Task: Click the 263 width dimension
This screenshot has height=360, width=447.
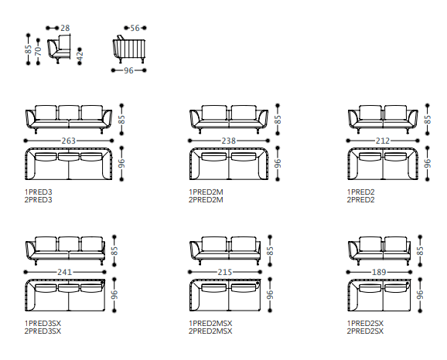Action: tap(69, 141)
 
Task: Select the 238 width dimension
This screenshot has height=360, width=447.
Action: tap(229, 141)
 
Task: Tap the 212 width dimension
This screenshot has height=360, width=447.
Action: tap(382, 141)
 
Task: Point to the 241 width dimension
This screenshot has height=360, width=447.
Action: tap(65, 272)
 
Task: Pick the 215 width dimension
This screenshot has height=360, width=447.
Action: tap(225, 272)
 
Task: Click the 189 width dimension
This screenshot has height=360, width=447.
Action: tap(379, 272)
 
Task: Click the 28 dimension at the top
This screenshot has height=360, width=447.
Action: tap(65, 28)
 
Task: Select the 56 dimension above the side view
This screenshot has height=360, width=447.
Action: tap(135, 28)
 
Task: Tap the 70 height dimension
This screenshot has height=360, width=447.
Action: tap(38, 51)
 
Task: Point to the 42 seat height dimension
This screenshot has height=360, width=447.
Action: tap(80, 56)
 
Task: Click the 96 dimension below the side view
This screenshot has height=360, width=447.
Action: tap(128, 70)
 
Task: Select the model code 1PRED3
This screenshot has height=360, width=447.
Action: tap(39, 192)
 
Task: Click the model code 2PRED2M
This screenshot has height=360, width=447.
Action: tap(206, 199)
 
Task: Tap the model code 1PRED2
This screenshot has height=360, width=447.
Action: tap(360, 192)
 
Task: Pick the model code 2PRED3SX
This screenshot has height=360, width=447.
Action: tap(43, 331)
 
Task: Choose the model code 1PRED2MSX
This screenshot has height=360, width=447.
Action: tap(210, 323)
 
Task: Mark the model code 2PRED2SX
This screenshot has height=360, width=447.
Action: tap(365, 331)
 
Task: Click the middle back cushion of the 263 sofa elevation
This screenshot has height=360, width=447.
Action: tap(69, 113)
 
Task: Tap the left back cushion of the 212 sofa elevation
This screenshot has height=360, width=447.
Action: tap(370, 113)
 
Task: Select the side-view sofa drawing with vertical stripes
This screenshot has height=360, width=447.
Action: tap(129, 49)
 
